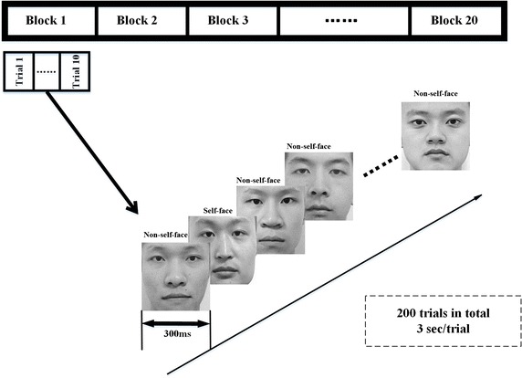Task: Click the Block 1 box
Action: [x=49, y=19]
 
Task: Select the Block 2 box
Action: [x=140, y=19]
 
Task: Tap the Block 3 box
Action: [x=231, y=19]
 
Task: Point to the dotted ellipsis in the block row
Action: [x=344, y=20]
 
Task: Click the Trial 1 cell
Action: [x=19, y=71]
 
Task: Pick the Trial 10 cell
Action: [x=78, y=71]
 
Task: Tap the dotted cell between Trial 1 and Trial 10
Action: [x=47, y=71]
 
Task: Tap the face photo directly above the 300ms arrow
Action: [x=175, y=277]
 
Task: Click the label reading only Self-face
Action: [x=218, y=210]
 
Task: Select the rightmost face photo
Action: [x=436, y=135]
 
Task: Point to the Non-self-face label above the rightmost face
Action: [x=436, y=93]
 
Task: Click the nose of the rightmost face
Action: [x=436, y=140]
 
